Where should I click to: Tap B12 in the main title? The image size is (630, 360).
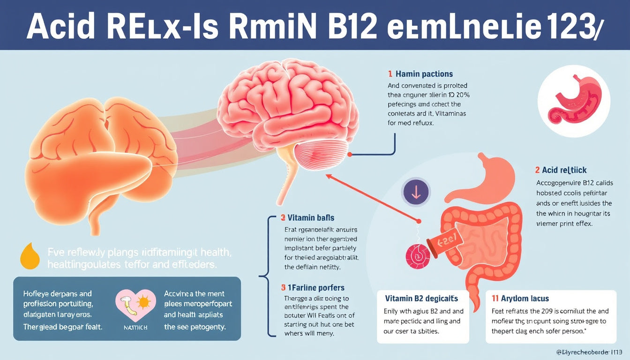pyautogui.click(x=349, y=27)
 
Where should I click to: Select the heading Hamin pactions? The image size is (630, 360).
pyautogui.click(x=424, y=74)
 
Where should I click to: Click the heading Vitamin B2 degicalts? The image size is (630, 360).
pyautogui.click(x=421, y=299)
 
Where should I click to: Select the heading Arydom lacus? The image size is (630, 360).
pyautogui.click(x=525, y=299)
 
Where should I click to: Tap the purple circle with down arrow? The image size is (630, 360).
pyautogui.click(x=414, y=192)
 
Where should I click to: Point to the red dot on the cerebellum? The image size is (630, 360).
pyautogui.click(x=349, y=154)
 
